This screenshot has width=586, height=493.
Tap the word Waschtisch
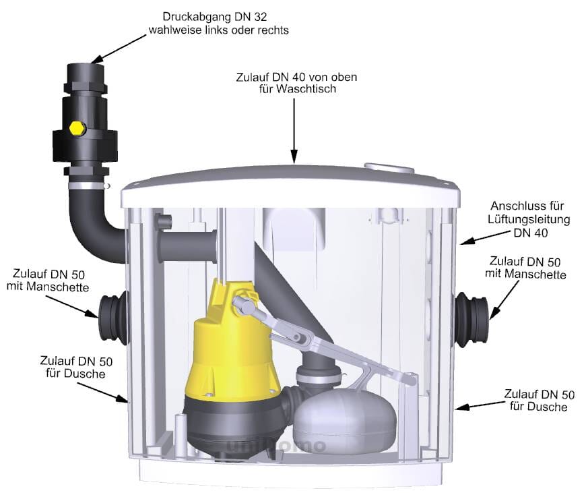coord(307,90)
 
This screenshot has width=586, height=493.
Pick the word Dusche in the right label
coord(551,407)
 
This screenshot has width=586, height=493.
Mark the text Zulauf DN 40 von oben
coord(296,77)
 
